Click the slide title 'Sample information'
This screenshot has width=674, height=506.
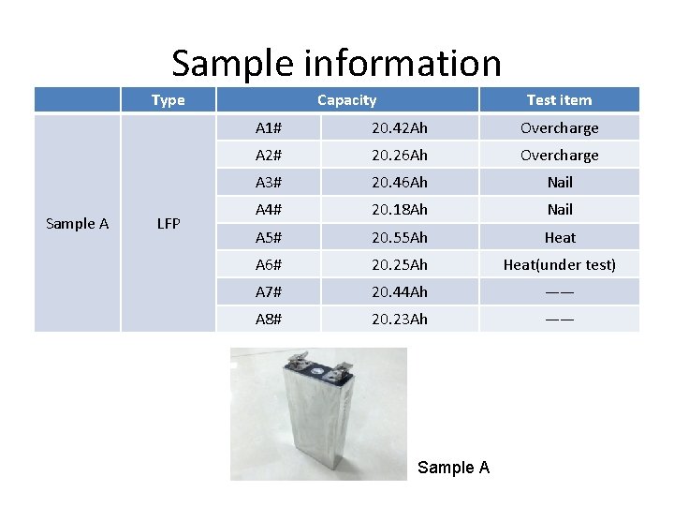tap(336, 64)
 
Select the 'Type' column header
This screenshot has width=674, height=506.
tap(168, 100)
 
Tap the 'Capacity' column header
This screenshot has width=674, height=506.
tap(346, 100)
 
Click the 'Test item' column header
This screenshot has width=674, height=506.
tap(559, 100)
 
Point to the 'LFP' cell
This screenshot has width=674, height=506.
tap(168, 224)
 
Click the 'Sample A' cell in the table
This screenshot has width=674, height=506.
tap(78, 224)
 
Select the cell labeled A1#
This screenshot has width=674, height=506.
tap(269, 127)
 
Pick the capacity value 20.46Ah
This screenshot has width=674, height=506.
tap(399, 182)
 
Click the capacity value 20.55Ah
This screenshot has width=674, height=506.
tap(399, 237)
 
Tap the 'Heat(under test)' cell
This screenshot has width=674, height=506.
tap(559, 264)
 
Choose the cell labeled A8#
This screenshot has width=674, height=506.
tap(269, 319)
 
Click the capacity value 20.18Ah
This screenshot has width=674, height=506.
tap(399, 209)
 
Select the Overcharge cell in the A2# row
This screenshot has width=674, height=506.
tap(559, 155)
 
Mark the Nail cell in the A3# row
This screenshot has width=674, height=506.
tap(559, 182)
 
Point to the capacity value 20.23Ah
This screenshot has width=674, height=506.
tap(399, 319)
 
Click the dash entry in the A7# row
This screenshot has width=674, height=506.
tap(559, 291)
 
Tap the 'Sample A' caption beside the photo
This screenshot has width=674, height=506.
tap(453, 467)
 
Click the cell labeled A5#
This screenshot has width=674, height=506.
tap(269, 237)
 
